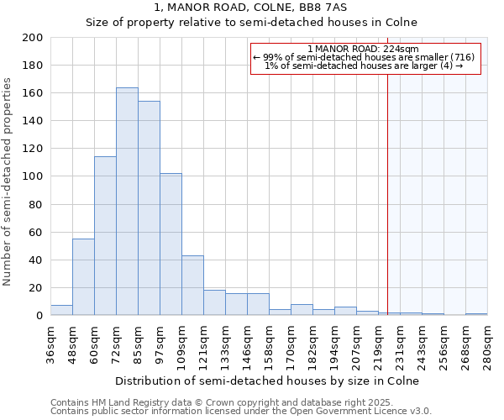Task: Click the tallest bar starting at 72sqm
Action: click(127, 202)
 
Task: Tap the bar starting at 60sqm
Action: click(105, 236)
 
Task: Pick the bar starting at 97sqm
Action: click(171, 244)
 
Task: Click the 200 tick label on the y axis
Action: click(32, 38)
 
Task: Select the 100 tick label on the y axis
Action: click(32, 176)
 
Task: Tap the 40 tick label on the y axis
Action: click(35, 260)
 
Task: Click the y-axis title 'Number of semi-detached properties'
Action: click(8, 181)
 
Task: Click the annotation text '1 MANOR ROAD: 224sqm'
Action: click(364, 49)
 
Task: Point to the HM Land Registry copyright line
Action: click(234, 402)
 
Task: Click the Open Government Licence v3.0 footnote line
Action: click(241, 411)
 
